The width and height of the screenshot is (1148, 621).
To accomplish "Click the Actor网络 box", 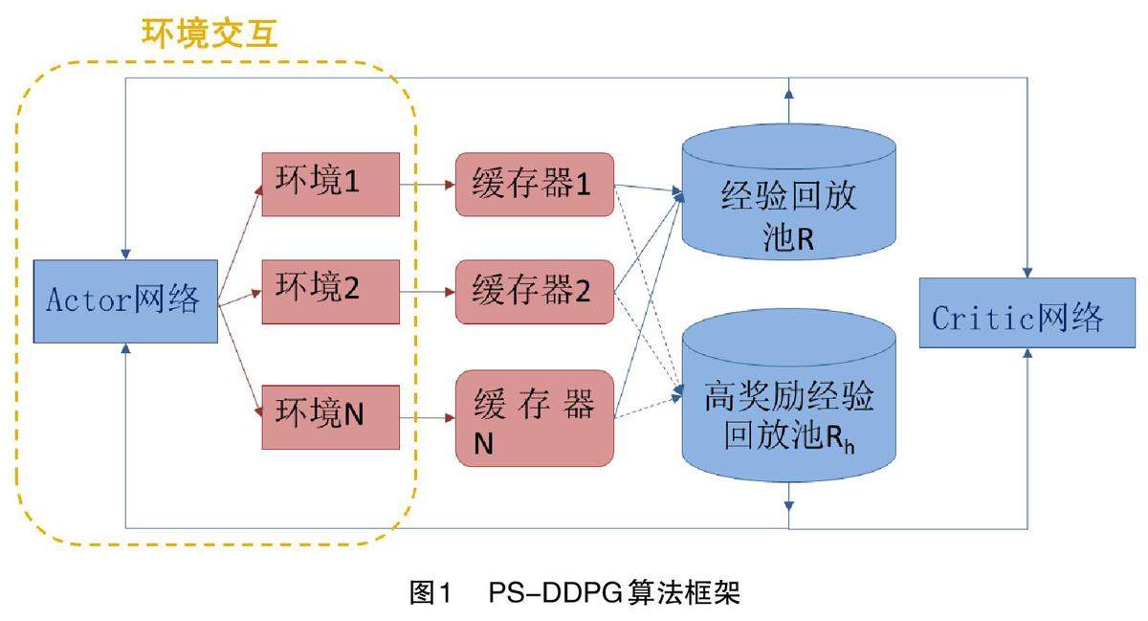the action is (x=125, y=301).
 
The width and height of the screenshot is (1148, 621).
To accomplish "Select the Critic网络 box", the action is (x=1027, y=313).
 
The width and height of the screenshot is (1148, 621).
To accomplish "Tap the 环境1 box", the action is (x=331, y=184).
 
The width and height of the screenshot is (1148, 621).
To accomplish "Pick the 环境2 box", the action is (x=331, y=292).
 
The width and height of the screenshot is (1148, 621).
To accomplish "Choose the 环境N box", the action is (x=331, y=417).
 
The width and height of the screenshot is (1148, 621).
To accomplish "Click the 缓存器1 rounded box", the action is (x=535, y=184).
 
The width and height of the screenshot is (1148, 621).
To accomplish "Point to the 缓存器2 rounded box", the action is (x=535, y=292).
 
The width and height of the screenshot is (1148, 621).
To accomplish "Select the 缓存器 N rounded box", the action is (x=535, y=418).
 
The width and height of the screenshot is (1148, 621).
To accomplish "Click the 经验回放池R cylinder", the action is (x=788, y=191).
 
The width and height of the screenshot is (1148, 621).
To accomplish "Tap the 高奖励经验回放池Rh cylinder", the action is (x=788, y=395).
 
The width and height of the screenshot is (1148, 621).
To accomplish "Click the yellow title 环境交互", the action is (x=210, y=33).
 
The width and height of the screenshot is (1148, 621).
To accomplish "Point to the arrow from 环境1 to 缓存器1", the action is (x=428, y=184).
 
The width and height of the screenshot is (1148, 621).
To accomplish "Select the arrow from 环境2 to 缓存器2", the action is (x=428, y=292).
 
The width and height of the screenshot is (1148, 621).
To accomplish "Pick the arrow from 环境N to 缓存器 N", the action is (x=428, y=418).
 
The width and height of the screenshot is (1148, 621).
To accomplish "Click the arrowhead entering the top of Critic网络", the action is (x=1027, y=273).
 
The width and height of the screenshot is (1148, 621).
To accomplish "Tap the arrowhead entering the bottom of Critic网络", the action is (x=1027, y=353).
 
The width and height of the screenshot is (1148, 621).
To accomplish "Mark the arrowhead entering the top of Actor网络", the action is (x=125, y=255).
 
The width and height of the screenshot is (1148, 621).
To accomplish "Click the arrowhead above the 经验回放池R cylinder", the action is (x=788, y=94).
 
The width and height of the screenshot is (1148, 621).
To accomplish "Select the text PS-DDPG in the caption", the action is (x=556, y=593).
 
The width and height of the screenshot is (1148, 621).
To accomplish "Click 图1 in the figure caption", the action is (x=430, y=593).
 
